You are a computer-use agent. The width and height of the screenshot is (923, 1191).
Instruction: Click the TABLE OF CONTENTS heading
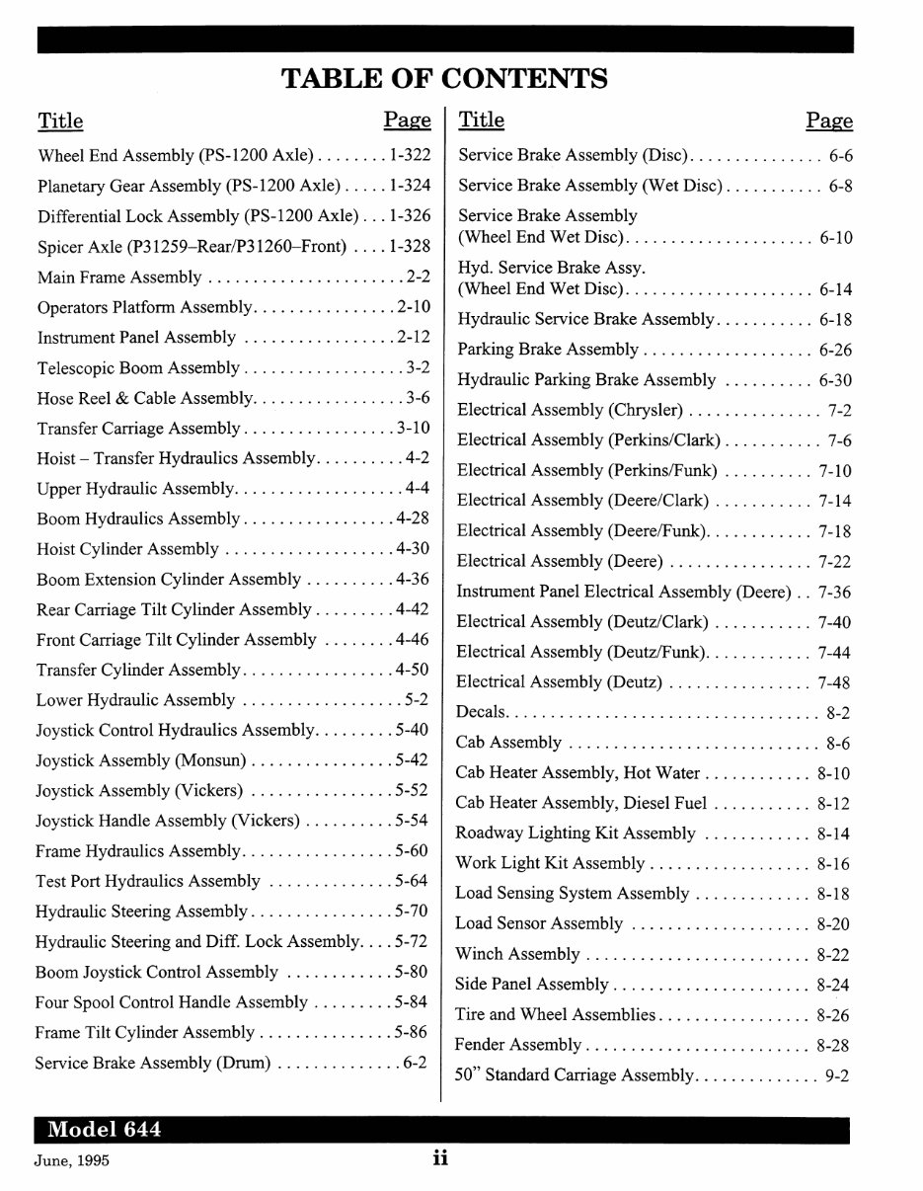(444, 77)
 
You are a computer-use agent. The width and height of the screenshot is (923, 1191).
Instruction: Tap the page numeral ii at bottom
(440, 1159)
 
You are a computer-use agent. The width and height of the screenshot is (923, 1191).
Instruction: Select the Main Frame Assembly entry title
(119, 278)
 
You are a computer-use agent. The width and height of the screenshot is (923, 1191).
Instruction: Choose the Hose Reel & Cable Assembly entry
(145, 398)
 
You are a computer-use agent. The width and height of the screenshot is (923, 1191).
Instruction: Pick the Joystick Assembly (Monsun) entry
(142, 760)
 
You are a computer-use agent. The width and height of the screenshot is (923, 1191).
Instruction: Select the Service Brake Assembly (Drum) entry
(153, 1063)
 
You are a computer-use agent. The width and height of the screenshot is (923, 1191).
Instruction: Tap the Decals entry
(482, 712)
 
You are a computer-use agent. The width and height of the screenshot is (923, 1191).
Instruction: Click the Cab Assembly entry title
(508, 743)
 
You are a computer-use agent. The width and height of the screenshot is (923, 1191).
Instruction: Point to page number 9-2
(837, 1075)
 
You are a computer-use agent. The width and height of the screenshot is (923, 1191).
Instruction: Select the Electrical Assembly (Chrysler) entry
(570, 410)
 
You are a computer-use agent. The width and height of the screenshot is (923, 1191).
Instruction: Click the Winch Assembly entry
(517, 954)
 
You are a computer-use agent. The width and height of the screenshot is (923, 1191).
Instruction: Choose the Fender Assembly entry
(518, 1045)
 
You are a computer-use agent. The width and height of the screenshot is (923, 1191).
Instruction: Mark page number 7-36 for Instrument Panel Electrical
(834, 592)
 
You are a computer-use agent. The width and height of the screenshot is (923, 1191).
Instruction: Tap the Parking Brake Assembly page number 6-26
(835, 350)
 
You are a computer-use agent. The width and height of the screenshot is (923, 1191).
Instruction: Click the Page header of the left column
(407, 120)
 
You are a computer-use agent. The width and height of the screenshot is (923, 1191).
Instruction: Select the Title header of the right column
(482, 120)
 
